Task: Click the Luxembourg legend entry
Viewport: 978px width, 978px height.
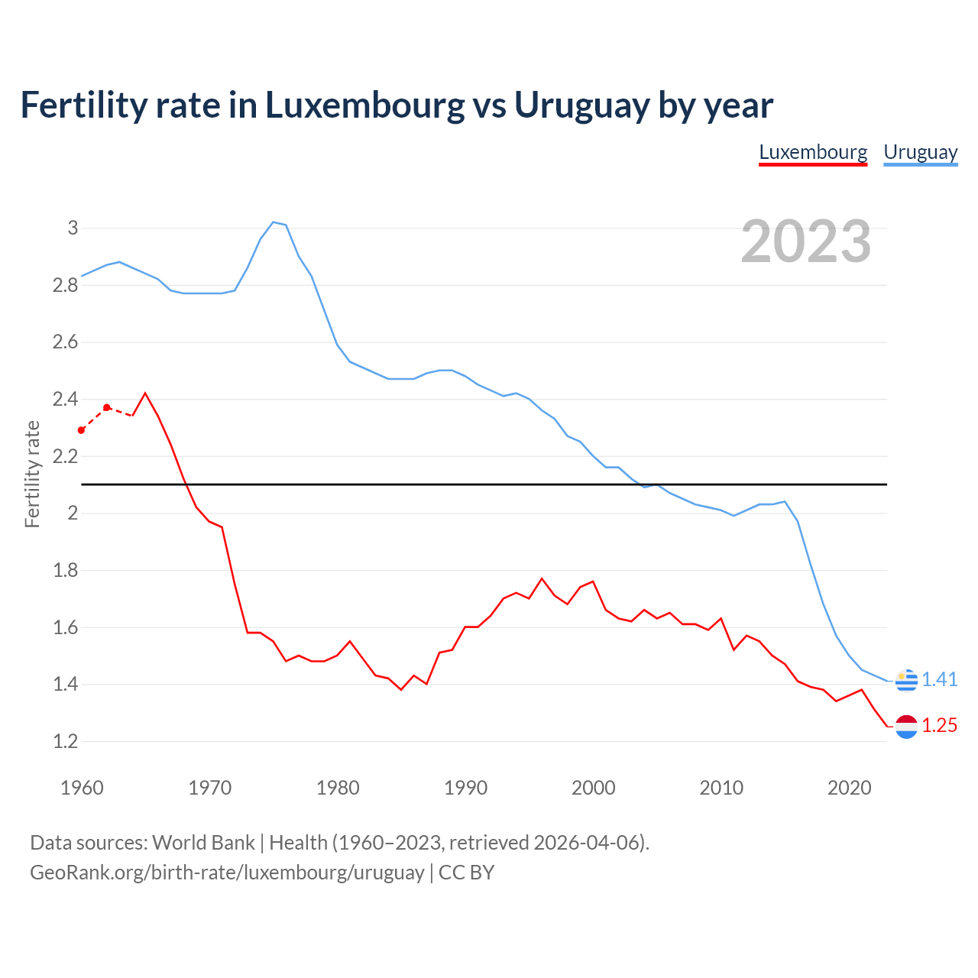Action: click(x=813, y=152)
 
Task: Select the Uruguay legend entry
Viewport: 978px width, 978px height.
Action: click(x=920, y=152)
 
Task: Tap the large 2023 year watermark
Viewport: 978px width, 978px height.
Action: click(x=806, y=241)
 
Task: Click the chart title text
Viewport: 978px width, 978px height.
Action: click(x=397, y=105)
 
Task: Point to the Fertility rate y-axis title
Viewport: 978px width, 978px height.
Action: click(x=32, y=474)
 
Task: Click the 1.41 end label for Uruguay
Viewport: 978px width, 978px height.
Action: click(x=939, y=679)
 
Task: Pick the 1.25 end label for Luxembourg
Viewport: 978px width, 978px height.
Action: click(x=939, y=725)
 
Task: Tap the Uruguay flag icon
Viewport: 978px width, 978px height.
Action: click(x=906, y=679)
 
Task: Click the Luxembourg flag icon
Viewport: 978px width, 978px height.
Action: click(x=906, y=727)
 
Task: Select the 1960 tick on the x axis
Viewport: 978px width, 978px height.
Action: click(x=82, y=788)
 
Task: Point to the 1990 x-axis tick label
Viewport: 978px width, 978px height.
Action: click(x=465, y=788)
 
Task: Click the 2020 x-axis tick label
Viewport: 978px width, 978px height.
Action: click(x=849, y=788)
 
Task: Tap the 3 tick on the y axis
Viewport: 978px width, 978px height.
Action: click(x=73, y=228)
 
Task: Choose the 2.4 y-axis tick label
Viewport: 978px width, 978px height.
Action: click(x=66, y=399)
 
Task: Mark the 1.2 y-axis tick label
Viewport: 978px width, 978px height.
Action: click(x=66, y=741)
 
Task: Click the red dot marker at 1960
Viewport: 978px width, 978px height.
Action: click(x=82, y=430)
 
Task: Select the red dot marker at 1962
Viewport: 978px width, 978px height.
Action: click(x=107, y=407)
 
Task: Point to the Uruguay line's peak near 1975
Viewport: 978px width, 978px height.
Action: click(x=274, y=222)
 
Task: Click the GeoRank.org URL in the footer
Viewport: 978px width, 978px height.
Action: click(x=227, y=872)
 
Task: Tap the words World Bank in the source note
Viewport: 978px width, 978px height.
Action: click(x=203, y=842)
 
